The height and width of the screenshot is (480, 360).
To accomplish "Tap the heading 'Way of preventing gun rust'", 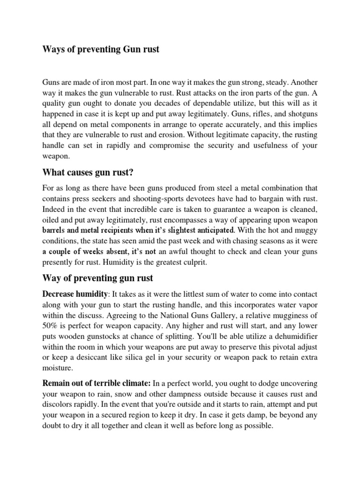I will (97, 278).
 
